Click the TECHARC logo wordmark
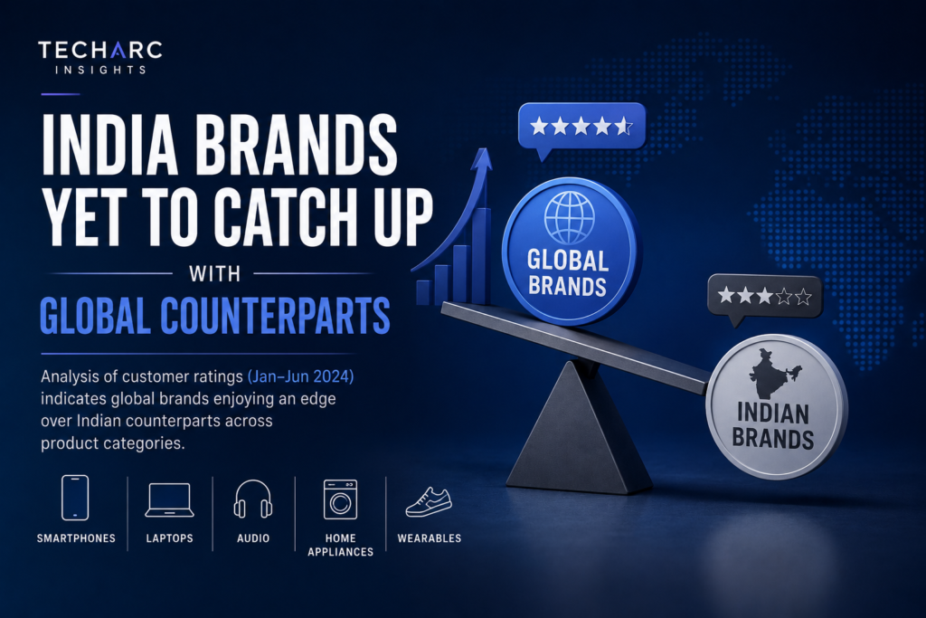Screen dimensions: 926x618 99,51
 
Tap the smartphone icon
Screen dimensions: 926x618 75,498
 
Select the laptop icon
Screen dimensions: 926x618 169,499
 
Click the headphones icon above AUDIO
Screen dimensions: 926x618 253,499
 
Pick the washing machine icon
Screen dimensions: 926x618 340,499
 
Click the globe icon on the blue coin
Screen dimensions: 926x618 570,217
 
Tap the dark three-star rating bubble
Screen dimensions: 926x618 764,299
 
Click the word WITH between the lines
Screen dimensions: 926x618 215,274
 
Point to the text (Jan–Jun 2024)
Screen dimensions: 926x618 300,376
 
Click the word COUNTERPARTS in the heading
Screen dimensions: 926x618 275,316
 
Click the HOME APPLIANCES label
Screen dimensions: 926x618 340,545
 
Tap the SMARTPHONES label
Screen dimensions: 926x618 76,538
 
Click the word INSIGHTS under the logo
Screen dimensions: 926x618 100,70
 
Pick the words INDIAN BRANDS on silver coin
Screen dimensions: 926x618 773,426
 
